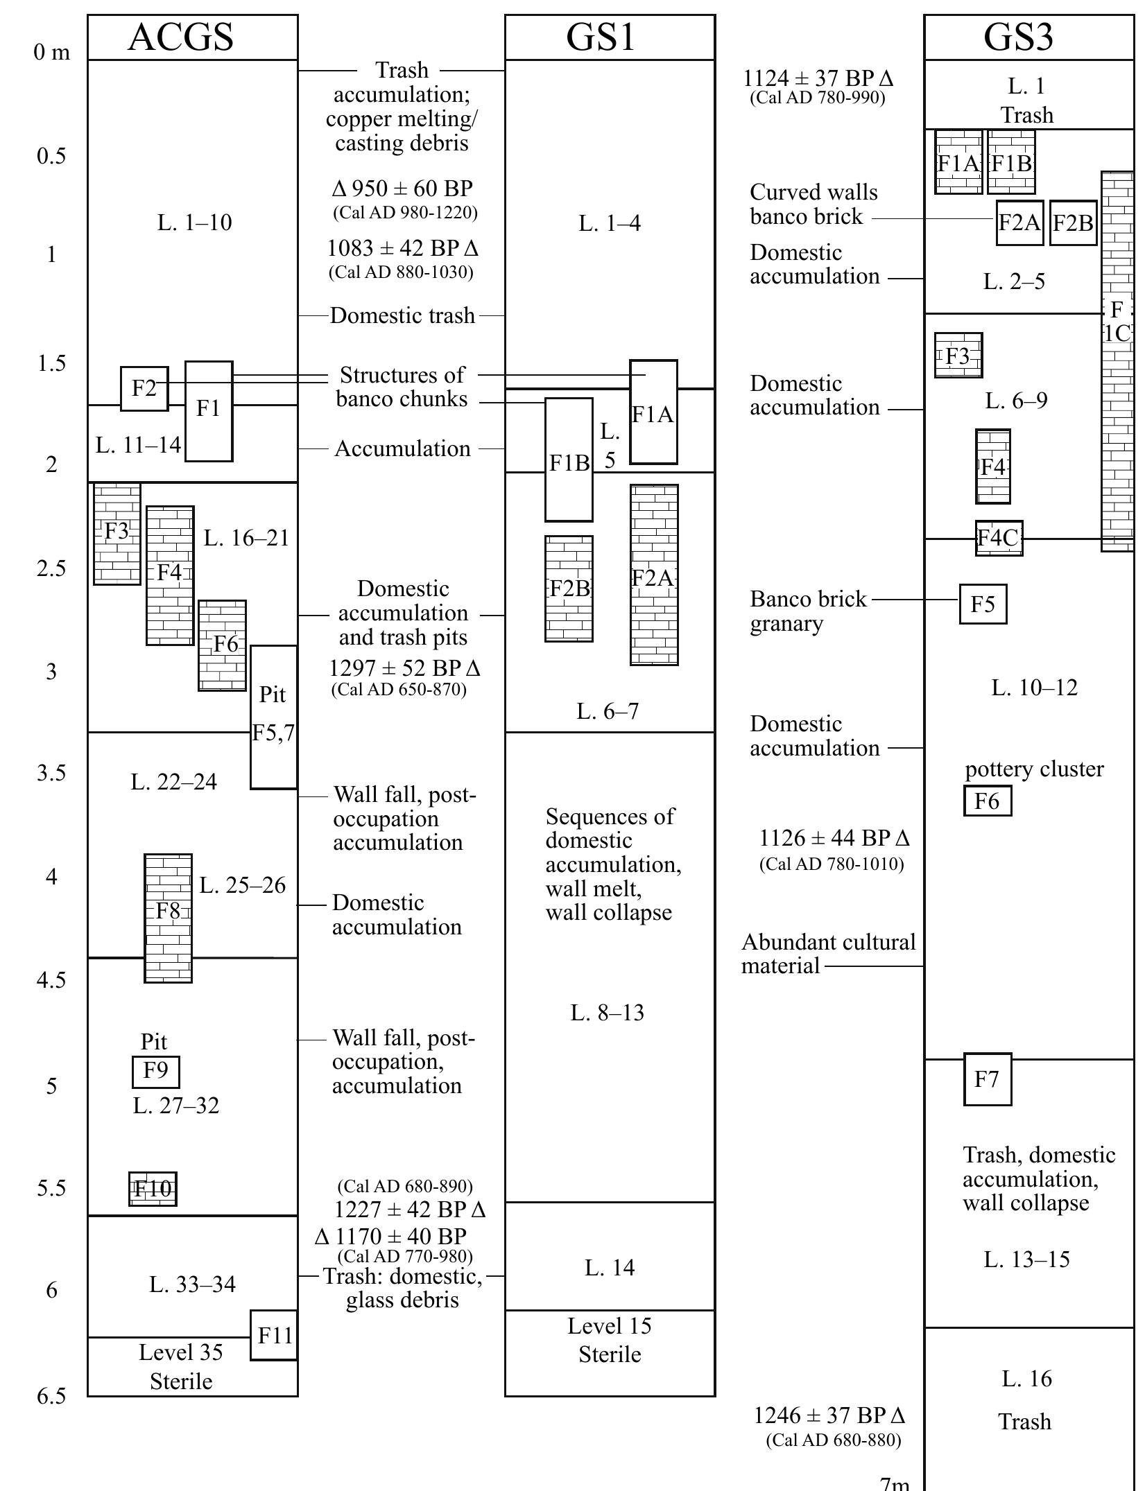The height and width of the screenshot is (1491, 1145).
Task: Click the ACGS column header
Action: pyautogui.click(x=181, y=37)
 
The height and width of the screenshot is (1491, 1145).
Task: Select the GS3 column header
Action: pyautogui.click(x=1017, y=37)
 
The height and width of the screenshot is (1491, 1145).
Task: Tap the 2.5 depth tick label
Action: pyautogui.click(x=51, y=568)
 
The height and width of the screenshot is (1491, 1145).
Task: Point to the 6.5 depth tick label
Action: pyautogui.click(x=51, y=1395)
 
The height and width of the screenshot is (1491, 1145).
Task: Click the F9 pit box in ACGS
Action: pyautogui.click(x=156, y=1072)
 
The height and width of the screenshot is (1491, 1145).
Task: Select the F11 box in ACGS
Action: pyautogui.click(x=274, y=1335)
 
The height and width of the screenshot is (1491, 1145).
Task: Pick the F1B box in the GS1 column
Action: pyautogui.click(x=569, y=460)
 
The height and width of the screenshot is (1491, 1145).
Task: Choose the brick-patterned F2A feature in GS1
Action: pyautogui.click(x=653, y=575)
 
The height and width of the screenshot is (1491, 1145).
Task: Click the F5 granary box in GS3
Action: pyautogui.click(x=983, y=604)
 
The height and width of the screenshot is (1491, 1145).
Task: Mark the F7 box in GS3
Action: pyautogui.click(x=987, y=1079)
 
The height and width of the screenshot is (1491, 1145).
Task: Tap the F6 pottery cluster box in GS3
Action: pyautogui.click(x=987, y=801)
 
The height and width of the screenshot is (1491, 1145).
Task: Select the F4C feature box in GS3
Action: pyautogui.click(x=998, y=538)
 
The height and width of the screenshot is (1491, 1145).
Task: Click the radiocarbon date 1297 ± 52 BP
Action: pyautogui.click(x=404, y=668)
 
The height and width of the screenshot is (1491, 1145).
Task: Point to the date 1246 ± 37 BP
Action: pyautogui.click(x=829, y=1415)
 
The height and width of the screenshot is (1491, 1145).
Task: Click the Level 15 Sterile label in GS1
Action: pyautogui.click(x=610, y=1339)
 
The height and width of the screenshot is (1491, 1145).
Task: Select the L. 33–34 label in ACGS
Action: pyautogui.click(x=192, y=1284)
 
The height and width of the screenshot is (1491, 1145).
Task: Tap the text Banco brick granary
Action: pyautogui.click(x=808, y=611)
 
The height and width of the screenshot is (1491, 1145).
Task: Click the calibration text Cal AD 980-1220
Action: pyautogui.click(x=405, y=213)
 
